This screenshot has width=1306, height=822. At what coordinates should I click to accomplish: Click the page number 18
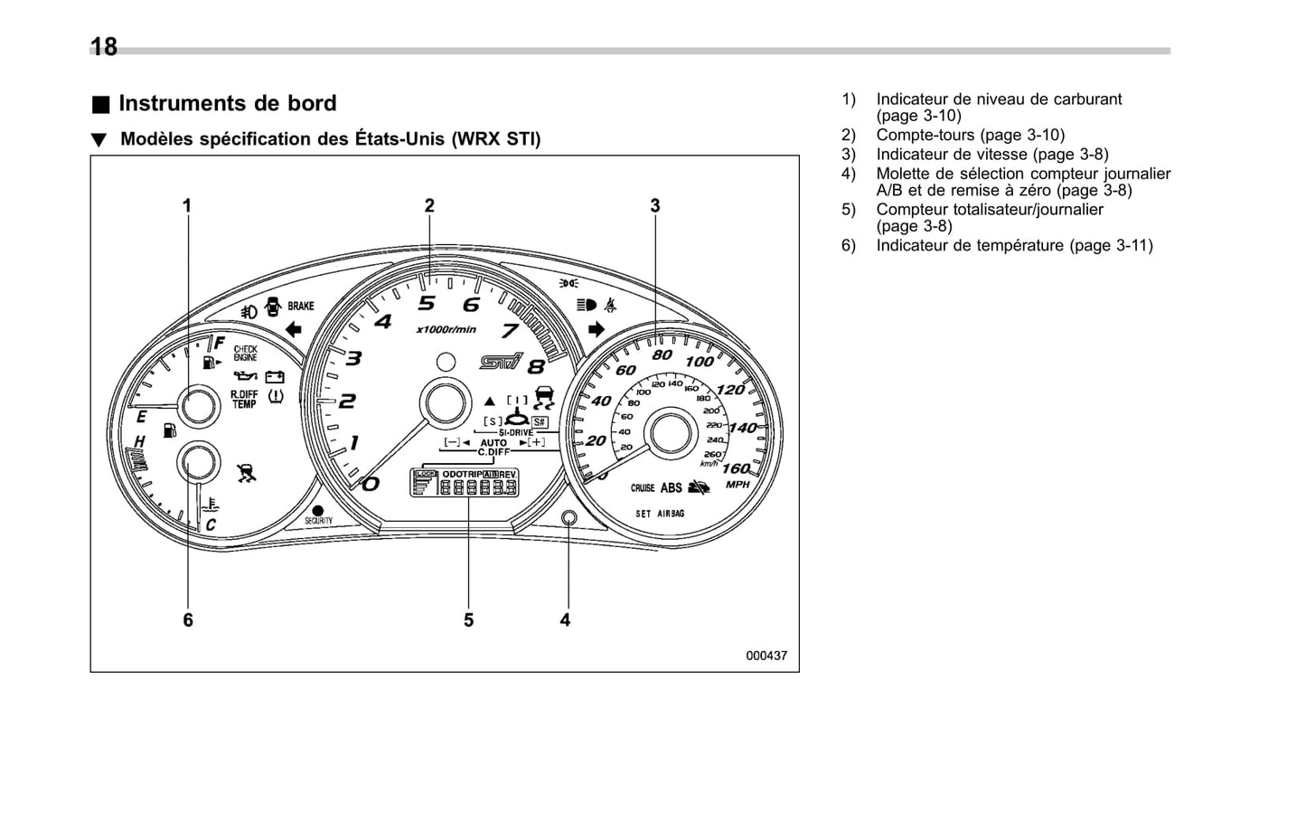click(104, 47)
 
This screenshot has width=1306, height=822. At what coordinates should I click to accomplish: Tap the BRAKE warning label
click(301, 307)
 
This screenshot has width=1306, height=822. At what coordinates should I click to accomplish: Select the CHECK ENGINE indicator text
click(245, 354)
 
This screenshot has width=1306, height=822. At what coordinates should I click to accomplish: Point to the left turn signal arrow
click(293, 329)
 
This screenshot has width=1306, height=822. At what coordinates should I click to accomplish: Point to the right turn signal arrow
click(596, 329)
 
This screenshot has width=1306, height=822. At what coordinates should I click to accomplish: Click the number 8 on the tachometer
click(536, 367)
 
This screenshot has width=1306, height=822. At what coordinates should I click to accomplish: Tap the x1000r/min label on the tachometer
click(446, 330)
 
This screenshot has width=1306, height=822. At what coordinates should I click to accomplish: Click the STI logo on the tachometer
click(501, 362)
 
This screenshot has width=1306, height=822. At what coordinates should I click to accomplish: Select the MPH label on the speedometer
click(738, 485)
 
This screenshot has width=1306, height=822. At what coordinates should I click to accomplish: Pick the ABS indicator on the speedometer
click(671, 488)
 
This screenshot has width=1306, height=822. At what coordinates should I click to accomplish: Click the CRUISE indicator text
click(643, 488)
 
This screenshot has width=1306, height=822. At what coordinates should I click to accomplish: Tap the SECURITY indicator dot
click(318, 511)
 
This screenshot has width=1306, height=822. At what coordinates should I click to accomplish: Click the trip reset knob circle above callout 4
click(568, 517)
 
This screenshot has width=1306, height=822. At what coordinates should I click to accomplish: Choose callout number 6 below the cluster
click(188, 620)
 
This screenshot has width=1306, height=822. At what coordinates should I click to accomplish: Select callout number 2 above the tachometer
click(429, 206)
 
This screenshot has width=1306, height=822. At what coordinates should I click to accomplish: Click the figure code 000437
click(766, 656)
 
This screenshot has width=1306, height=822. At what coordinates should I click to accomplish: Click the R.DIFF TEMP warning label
click(244, 400)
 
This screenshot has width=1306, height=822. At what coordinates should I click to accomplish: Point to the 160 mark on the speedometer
click(736, 468)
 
